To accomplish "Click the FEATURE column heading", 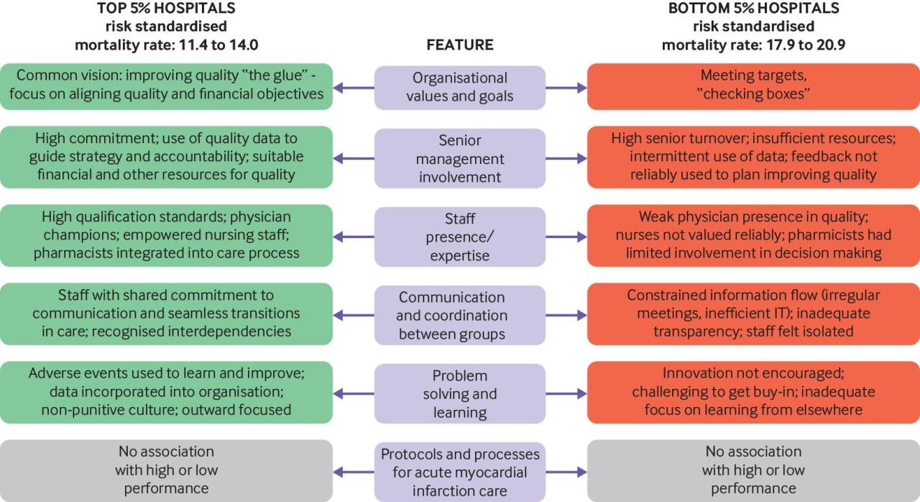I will coord(460,45).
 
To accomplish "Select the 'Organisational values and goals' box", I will coord(460,87).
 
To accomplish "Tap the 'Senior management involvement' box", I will coord(460,158).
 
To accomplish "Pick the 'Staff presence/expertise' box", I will coord(460,236).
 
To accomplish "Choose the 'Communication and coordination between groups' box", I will coord(460,314).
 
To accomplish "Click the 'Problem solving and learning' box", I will coord(460,393).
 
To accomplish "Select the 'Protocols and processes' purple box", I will coord(460,472).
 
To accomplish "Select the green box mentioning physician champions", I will coord(166,236).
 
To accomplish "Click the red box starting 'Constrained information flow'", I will coord(753,314).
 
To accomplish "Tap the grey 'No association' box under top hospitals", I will coord(166,470).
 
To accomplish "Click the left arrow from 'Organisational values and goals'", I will coord(354,88).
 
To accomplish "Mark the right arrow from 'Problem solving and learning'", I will coord(566,393).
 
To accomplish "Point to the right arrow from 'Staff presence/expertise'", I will coord(566,237).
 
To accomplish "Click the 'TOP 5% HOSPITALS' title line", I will coord(166,9).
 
